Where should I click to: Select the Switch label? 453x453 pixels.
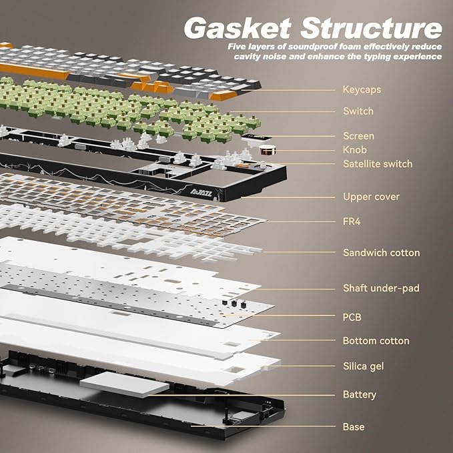[358, 111]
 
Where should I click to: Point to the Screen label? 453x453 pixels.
[358, 136]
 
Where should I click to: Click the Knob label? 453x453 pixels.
[355, 149]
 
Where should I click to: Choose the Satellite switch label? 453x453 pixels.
[378, 163]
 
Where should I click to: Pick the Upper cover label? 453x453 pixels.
[371, 197]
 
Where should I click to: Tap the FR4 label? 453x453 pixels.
[352, 221]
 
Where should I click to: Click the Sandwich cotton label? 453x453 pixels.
[381, 253]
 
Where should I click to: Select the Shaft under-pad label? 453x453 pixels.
[381, 288]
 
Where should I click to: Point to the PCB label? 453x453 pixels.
[352, 317]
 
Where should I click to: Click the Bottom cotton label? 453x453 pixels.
[376, 341]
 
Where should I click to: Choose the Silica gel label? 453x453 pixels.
[363, 366]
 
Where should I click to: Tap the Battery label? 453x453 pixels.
[360, 394]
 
